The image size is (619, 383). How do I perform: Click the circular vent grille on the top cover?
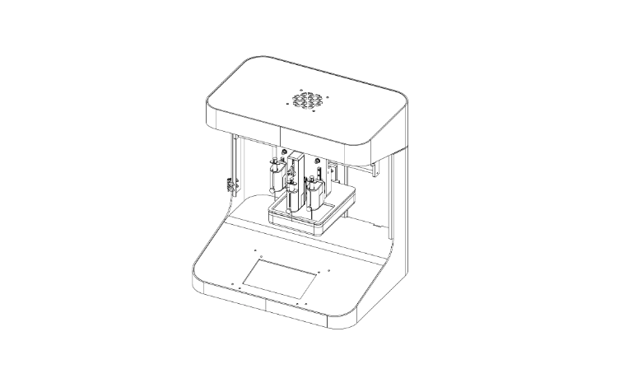[x=307, y=100]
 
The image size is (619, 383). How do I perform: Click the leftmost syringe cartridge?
[x=277, y=175]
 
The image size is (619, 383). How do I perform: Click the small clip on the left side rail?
[x=226, y=184]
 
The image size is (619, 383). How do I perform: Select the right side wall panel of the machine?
[x=393, y=222]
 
